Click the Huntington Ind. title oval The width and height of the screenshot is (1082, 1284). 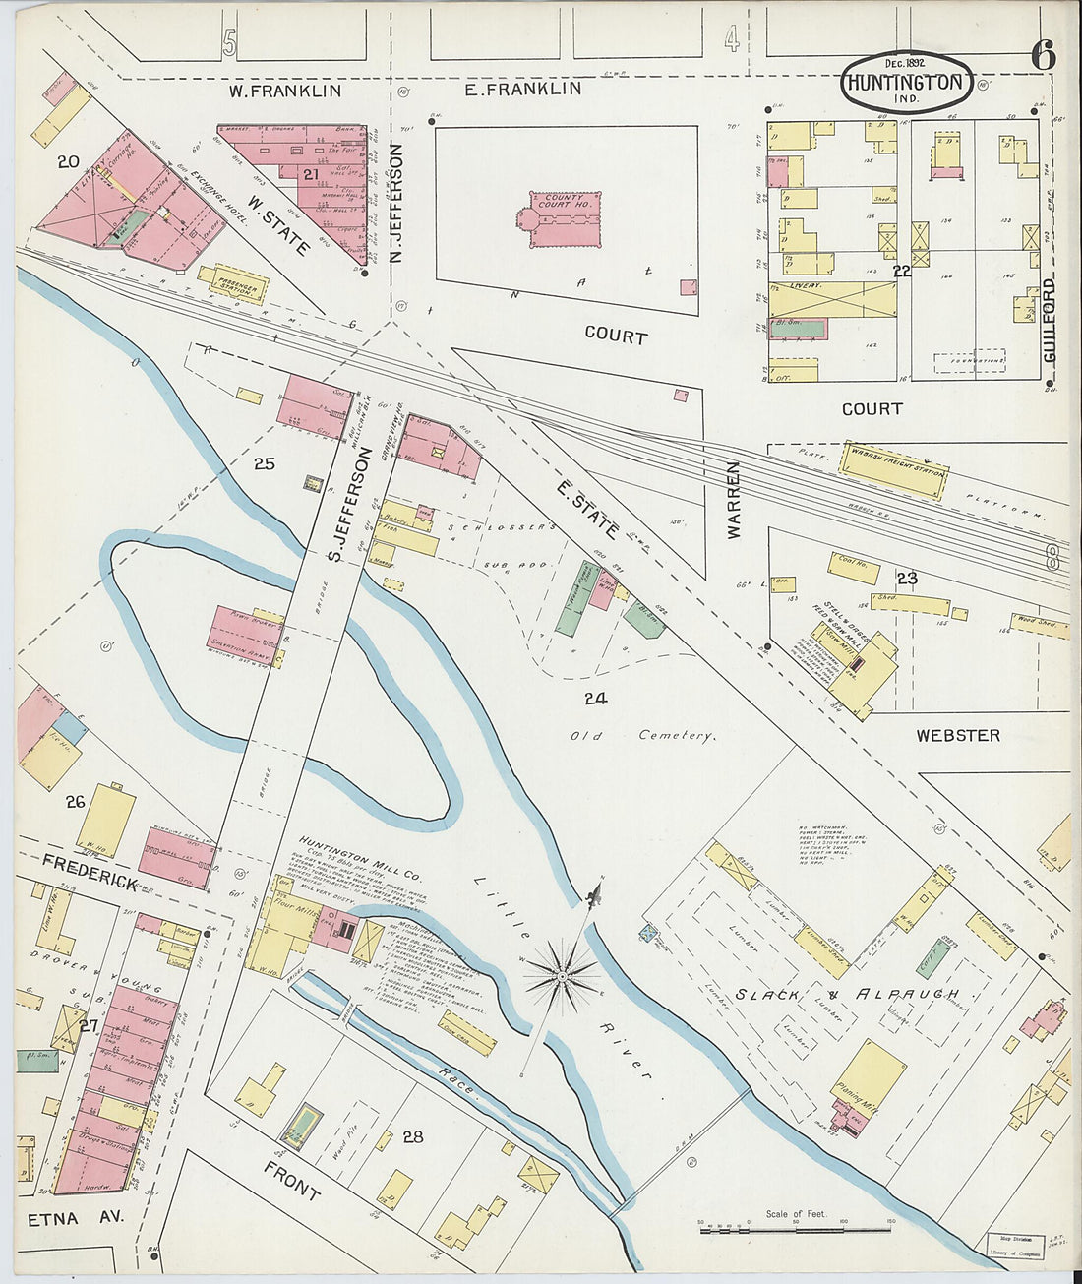(x=906, y=83)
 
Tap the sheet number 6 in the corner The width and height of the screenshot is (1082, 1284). (x=1043, y=56)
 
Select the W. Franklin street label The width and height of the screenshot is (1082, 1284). (x=285, y=91)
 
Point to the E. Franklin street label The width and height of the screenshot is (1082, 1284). (x=522, y=89)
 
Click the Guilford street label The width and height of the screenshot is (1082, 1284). (x=1050, y=321)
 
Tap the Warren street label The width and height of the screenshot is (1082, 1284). (x=734, y=500)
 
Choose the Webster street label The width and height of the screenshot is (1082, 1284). (x=957, y=735)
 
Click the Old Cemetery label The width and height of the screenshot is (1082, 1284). (x=643, y=735)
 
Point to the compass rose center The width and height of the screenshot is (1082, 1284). (x=561, y=976)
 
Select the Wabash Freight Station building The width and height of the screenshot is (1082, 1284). (x=893, y=460)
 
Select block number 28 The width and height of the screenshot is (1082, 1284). (x=412, y=1136)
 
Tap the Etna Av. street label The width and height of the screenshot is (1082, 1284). (x=62, y=1217)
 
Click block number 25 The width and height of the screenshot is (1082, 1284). (x=264, y=463)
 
